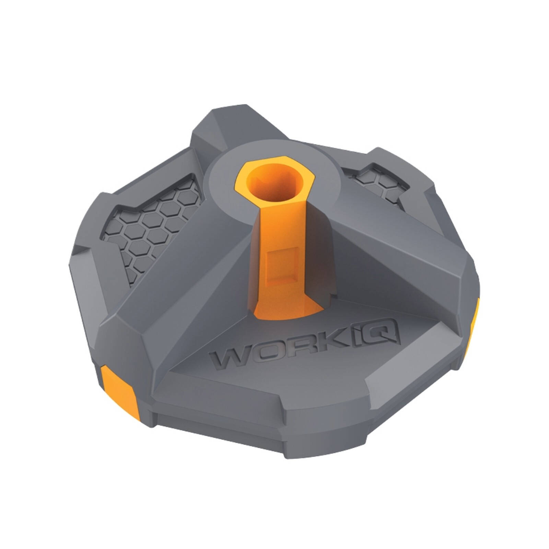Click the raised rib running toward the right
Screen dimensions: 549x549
pos(395,247)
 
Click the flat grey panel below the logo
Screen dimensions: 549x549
pos(274,395)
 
